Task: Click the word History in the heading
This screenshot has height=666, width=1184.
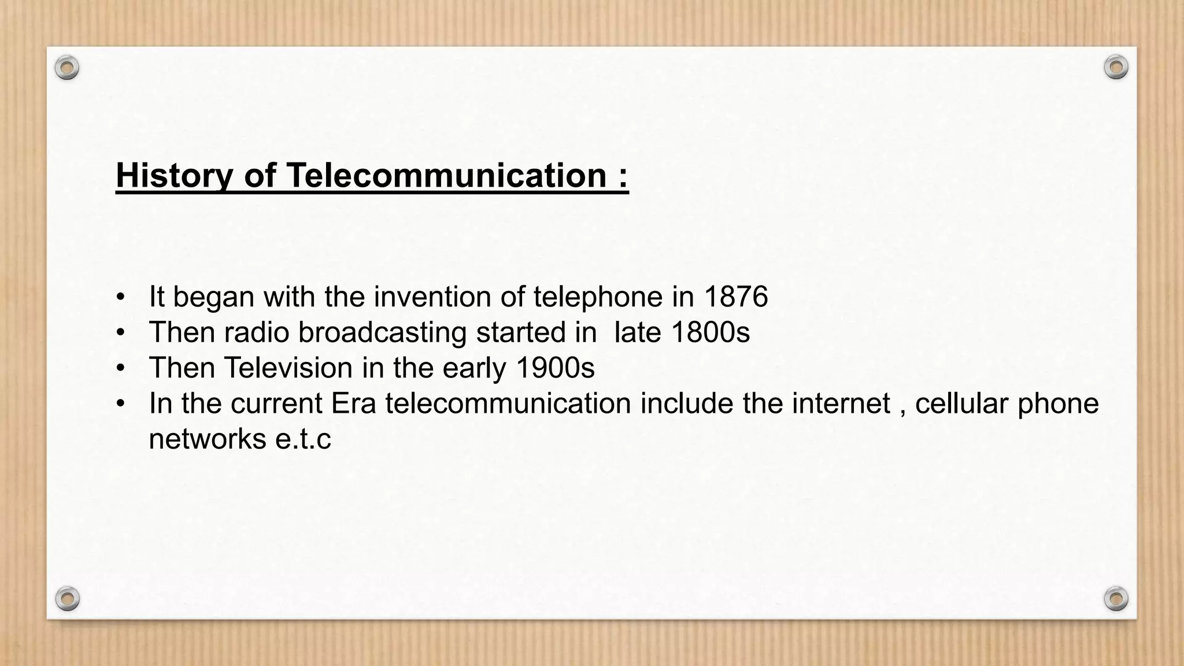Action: [174, 175]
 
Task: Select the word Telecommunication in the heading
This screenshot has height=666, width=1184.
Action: [446, 175]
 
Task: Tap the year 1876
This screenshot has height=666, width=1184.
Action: [735, 297]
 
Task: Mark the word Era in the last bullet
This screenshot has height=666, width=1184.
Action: [353, 403]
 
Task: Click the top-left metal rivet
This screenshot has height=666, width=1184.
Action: [67, 68]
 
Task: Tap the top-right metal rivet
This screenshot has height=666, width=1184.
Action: [1116, 68]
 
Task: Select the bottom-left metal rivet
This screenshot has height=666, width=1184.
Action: [68, 598]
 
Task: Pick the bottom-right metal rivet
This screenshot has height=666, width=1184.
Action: [1116, 598]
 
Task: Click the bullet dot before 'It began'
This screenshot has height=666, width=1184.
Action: [120, 298]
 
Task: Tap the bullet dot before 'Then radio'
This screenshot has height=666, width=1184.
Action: [120, 333]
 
